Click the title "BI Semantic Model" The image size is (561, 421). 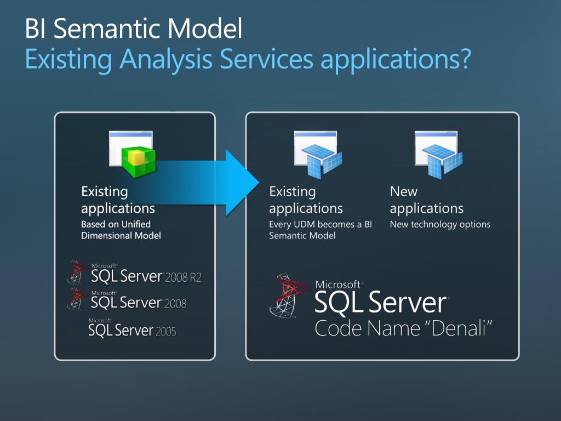pos(133,30)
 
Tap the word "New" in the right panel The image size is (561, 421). pos(403,192)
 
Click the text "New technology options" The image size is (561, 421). pos(440,224)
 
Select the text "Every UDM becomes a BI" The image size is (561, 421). pos(320,224)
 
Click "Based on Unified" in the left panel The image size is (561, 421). pos(116,224)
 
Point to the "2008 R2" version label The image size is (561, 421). pos(183,277)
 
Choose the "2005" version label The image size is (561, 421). pos(165,331)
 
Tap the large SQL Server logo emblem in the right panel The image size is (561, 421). pos(289,296)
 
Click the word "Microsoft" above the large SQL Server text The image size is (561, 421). pos(337,285)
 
